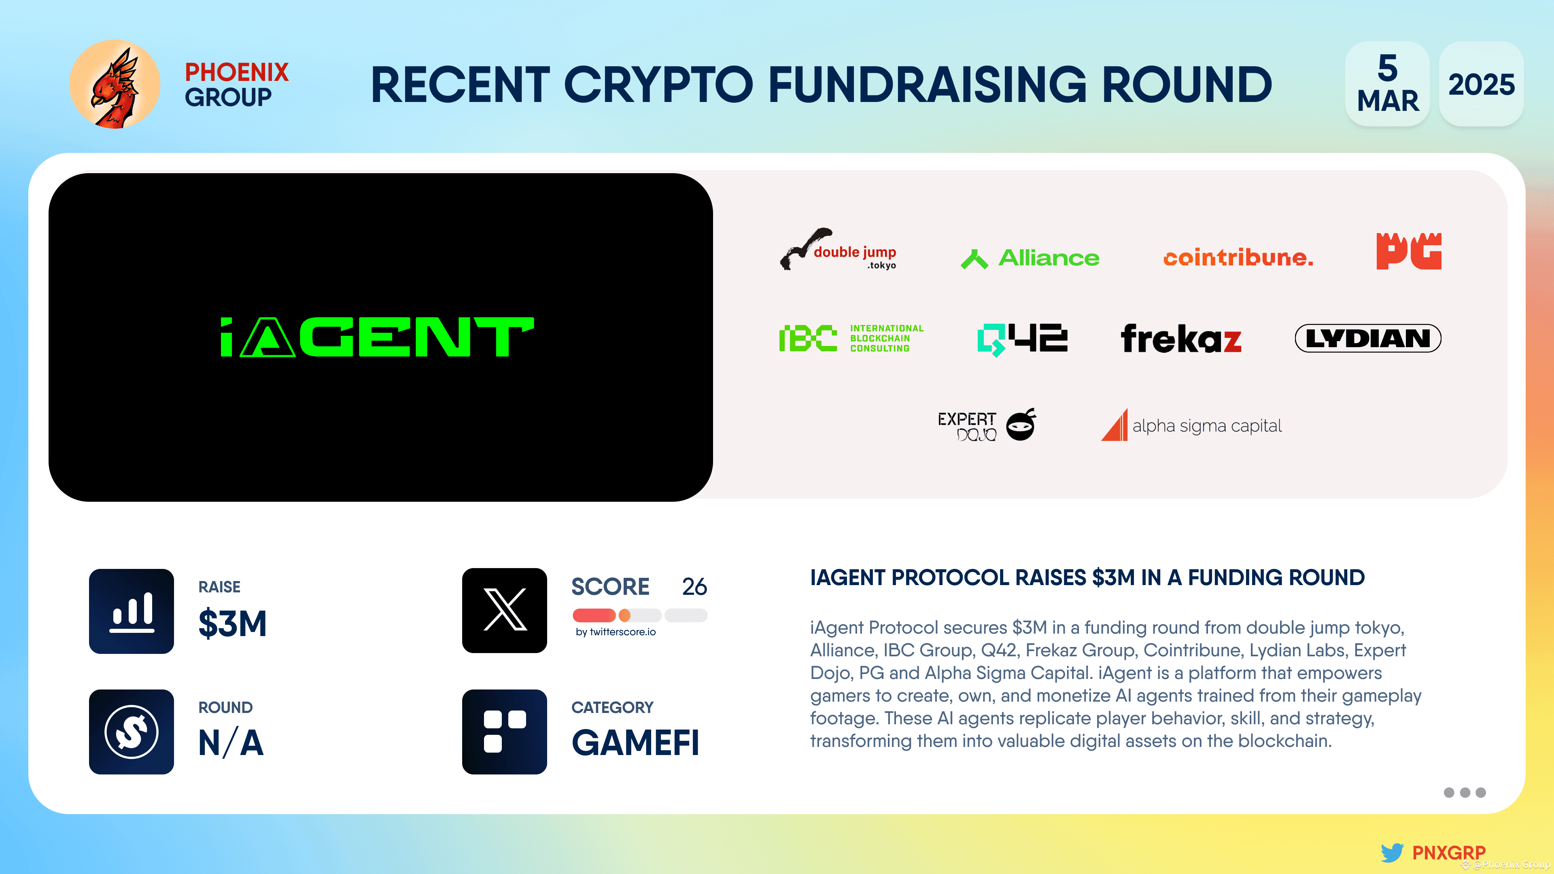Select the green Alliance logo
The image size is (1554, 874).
pos(1030,258)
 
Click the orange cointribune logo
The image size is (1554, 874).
pos(1238,258)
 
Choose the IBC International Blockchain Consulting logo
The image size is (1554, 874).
pos(851,338)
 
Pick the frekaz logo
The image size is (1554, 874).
pos(1180,338)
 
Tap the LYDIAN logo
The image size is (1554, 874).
pos(1367,338)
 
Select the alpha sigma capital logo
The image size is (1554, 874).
pos(1191,426)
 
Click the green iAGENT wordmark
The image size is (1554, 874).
pos(377,337)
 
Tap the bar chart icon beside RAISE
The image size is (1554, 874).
pos(132,611)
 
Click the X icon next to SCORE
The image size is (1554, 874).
pos(504,611)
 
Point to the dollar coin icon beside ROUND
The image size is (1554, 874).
pos(132,732)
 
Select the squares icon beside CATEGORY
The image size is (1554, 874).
pos(504,732)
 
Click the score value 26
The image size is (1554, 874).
pos(694,586)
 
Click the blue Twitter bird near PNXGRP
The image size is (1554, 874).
pos(1392,852)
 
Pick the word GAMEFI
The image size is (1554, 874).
pos(635,742)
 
